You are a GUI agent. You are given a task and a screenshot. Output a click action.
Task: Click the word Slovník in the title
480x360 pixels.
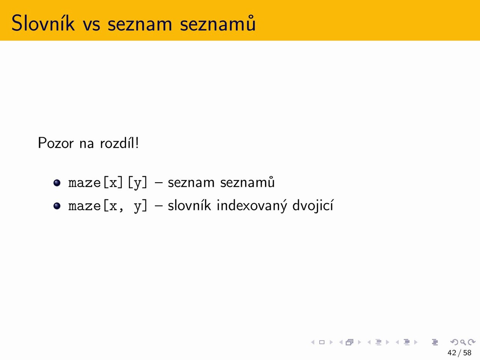point(43,23)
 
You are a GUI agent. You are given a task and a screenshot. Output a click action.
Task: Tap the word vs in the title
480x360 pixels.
point(91,25)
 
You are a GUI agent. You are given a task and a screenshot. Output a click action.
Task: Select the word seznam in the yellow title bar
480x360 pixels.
point(140,25)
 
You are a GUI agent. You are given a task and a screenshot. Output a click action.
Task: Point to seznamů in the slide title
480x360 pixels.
point(218,23)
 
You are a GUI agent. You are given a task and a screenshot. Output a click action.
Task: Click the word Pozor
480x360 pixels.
point(56,143)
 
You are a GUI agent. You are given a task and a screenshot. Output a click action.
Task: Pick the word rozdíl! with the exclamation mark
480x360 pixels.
point(119,143)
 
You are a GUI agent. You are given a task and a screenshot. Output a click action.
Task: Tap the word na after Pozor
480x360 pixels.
point(87,145)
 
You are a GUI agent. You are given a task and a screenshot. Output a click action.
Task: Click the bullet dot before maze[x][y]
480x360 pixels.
point(57,183)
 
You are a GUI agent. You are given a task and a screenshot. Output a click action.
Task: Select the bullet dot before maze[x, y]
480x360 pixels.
point(57,206)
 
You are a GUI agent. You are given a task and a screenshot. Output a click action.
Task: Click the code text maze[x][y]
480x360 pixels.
point(108,183)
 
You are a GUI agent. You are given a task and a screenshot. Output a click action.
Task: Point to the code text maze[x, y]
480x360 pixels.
point(108,206)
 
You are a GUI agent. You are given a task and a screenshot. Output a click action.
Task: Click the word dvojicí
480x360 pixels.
point(313,205)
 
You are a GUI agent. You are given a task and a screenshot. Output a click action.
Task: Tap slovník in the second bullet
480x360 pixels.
point(189,205)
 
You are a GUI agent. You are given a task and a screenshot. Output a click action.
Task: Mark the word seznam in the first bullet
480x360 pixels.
point(191,184)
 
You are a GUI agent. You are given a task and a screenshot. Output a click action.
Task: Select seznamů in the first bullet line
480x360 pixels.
point(247,182)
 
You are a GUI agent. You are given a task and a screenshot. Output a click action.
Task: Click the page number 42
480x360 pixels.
point(452,352)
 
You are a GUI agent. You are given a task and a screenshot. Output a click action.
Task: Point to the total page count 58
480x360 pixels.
point(467,352)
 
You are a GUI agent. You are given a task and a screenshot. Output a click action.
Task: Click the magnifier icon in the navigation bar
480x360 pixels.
point(463,342)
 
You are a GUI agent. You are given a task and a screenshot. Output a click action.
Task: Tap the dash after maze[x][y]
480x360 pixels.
point(158,183)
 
